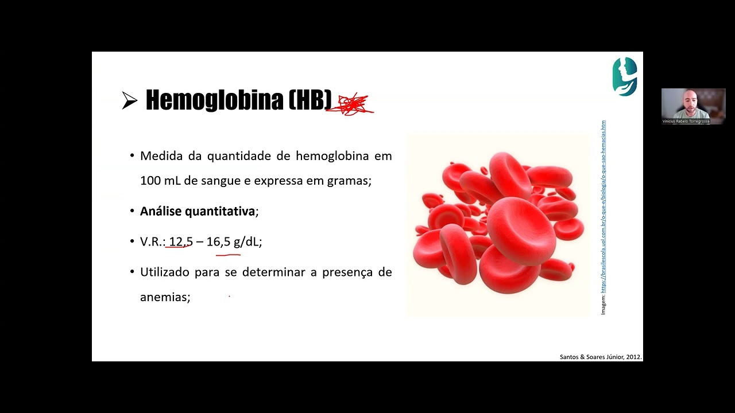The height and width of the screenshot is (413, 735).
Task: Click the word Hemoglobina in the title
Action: [x=214, y=100]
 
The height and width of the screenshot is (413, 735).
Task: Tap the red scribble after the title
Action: [x=350, y=104]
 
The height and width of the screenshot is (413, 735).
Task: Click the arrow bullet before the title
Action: [x=130, y=101]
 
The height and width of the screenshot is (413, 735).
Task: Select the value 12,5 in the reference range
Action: [x=181, y=241]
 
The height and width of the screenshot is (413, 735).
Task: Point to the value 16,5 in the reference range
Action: [x=218, y=241]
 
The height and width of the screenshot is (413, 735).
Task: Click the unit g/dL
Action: [x=246, y=241]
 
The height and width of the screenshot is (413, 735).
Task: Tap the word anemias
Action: [x=164, y=297]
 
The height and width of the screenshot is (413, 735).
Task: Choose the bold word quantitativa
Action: [x=220, y=211]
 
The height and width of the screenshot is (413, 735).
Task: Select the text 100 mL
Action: [x=160, y=181]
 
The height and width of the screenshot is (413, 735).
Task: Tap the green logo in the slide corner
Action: [x=625, y=76]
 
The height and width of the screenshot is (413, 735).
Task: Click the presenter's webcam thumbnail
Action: [x=693, y=106]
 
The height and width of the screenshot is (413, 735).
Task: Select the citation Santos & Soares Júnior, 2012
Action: [x=600, y=357]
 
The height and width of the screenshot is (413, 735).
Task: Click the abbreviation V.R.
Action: [x=152, y=241]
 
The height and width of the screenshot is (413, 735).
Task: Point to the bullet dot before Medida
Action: [x=132, y=156]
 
